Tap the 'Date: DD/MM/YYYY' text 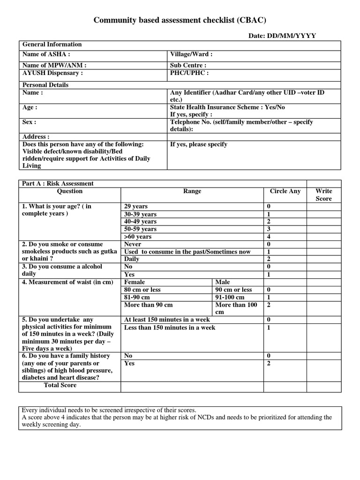tap(282, 36)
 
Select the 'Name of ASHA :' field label tap(46, 54)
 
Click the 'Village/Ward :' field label tap(191, 54)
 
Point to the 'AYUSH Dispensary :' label tap(52, 73)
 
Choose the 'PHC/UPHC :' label tap(189, 73)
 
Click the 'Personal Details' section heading tap(45, 85)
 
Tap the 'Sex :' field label tap(30, 122)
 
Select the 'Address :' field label tap(36, 137)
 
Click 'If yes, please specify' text tap(199, 144)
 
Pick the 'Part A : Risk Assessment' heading tap(58, 184)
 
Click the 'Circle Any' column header tap(285, 191)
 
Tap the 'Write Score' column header tap(323, 195)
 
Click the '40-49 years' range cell tap(140, 221)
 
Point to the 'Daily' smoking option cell tap(132, 259)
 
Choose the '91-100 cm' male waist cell tap(230, 297)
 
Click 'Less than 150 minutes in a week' tap(170, 328)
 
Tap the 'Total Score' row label tap(60, 385)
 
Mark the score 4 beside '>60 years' tap(269, 237)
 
